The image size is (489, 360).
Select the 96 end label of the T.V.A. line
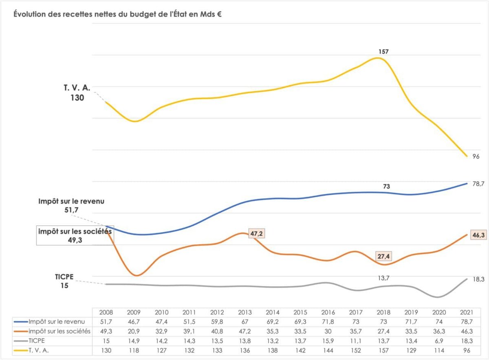pyautogui.click(x=476, y=156)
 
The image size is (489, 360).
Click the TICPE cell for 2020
pyautogui.click(x=437, y=340)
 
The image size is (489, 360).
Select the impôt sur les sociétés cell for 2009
pyautogui.click(x=134, y=331)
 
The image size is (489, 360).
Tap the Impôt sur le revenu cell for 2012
pyautogui.click(x=217, y=322)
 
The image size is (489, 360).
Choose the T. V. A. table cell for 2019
pyautogui.click(x=410, y=350)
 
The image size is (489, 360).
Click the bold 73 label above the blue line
pyautogui.click(x=386, y=187)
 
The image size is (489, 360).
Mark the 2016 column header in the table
pyautogui.click(x=328, y=312)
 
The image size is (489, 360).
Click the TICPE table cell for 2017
pyautogui.click(x=356, y=340)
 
